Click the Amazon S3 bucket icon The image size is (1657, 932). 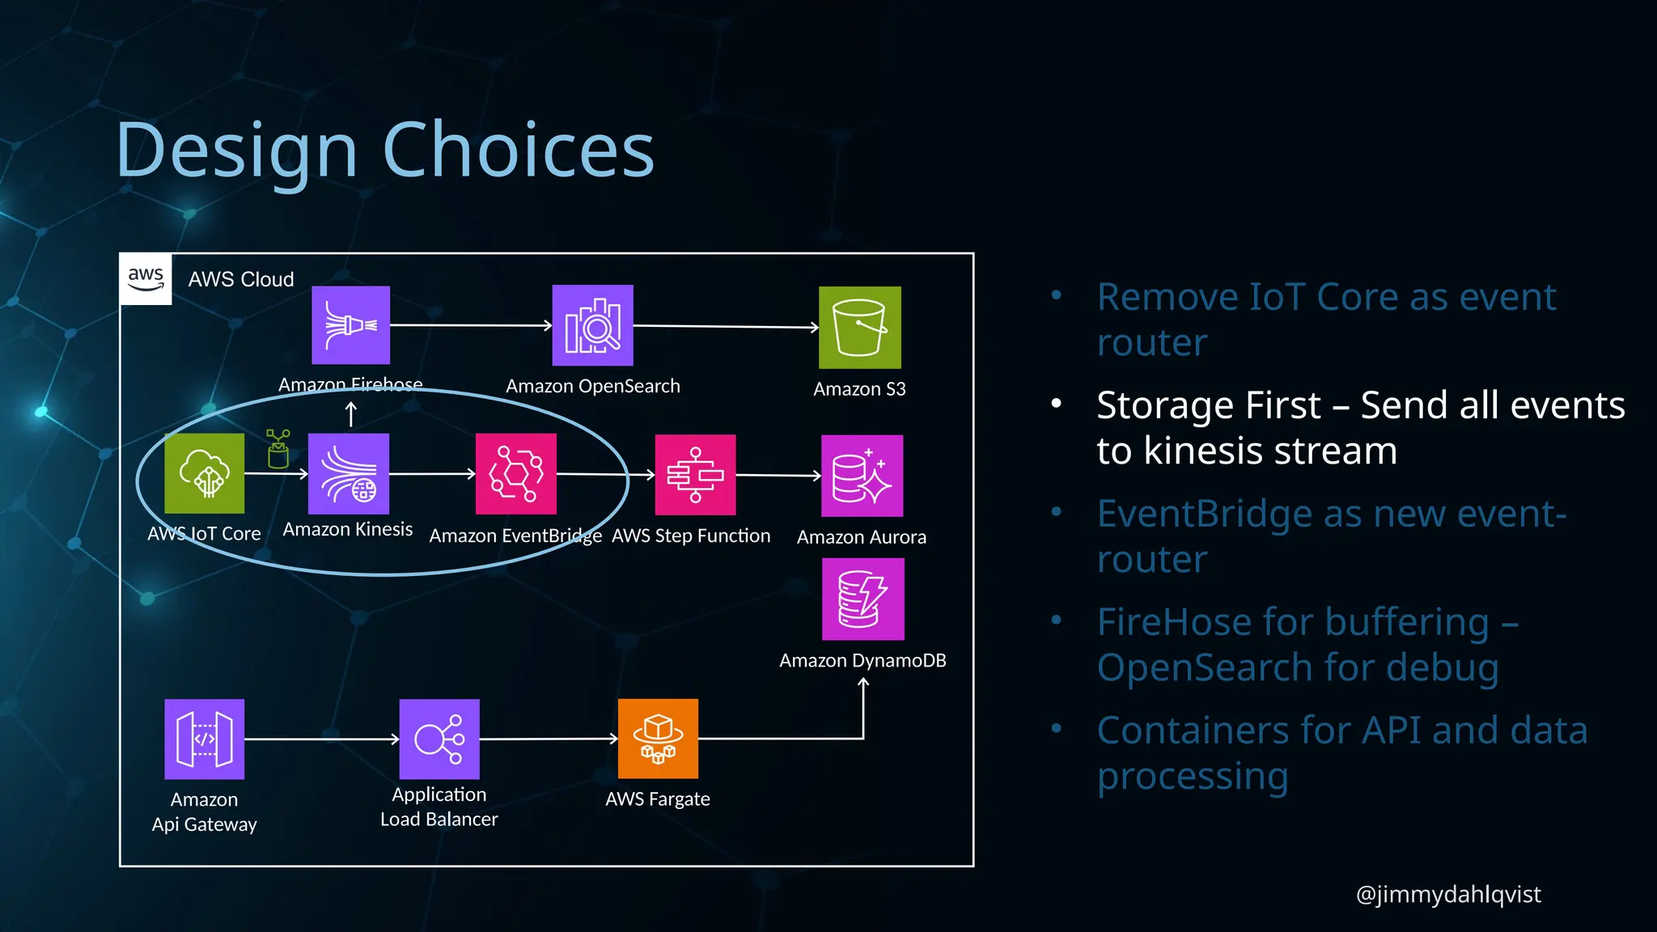859,328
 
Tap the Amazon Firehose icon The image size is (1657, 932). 351,325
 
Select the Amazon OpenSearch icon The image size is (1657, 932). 593,325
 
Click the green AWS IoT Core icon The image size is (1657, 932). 205,473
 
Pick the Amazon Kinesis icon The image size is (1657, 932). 349,474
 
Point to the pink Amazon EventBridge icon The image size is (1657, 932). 516,474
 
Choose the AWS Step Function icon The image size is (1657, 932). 695,475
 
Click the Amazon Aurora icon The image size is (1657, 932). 862,476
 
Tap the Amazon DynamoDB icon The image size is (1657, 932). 862,599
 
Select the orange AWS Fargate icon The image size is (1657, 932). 658,739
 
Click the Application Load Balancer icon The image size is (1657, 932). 439,739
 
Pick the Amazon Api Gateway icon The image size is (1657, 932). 205,739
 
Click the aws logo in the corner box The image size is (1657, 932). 146,278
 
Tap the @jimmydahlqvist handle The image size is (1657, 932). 1448,894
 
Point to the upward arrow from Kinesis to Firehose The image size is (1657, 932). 351,414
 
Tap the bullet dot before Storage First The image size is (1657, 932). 1056,404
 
